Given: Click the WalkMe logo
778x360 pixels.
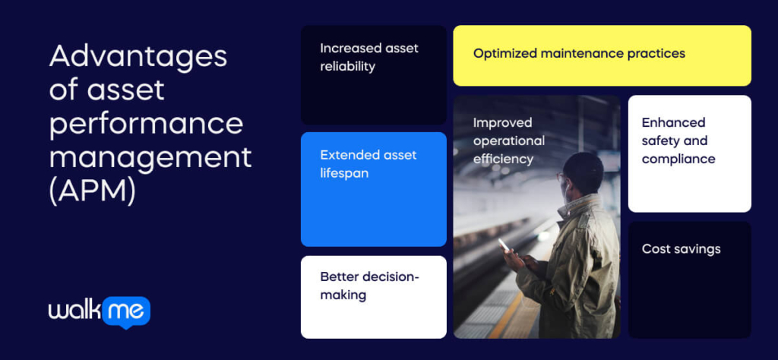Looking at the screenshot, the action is (x=100, y=312).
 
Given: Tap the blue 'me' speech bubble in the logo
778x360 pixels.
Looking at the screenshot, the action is (x=126, y=312).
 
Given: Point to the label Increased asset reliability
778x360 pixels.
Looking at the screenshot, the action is (x=369, y=57).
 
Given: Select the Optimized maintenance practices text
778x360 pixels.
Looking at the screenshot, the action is (x=579, y=54).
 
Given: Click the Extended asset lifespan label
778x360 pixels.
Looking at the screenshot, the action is (x=368, y=164).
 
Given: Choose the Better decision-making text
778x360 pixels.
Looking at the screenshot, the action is (x=370, y=286).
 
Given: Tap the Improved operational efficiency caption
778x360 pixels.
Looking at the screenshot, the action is (x=508, y=141).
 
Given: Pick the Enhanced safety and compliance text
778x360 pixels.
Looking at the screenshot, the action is (x=678, y=141).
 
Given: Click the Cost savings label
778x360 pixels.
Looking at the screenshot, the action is (x=681, y=249).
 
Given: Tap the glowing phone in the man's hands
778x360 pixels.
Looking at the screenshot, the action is (x=504, y=245).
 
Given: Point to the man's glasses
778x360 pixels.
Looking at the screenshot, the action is (x=561, y=176).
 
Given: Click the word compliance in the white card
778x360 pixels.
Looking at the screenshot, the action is (x=678, y=159).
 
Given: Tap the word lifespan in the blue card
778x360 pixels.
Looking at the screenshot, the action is (x=344, y=174).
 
